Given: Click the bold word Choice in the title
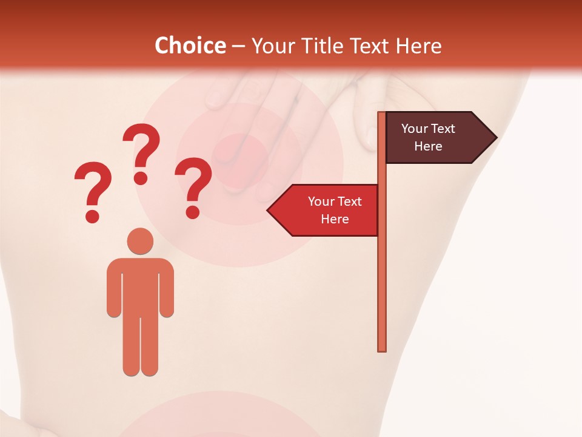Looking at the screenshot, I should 190,46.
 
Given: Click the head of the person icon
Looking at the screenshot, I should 140,240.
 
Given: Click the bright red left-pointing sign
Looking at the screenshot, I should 327,210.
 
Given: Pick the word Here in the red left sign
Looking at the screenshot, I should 335,219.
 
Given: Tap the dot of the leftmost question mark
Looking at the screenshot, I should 92,216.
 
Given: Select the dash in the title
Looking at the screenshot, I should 238,46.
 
